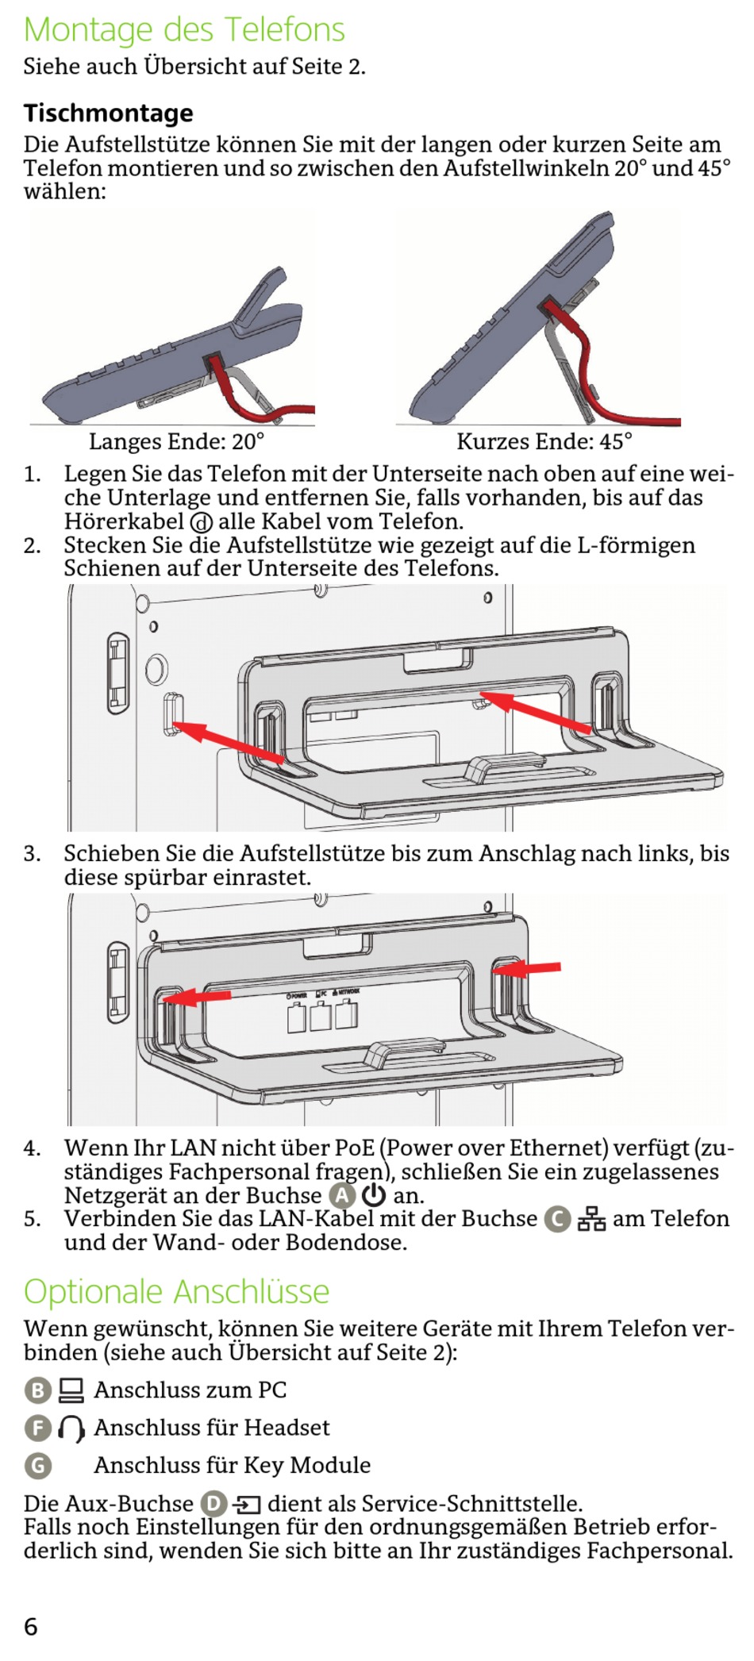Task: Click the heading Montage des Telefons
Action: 184,30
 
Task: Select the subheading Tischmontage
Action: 108,113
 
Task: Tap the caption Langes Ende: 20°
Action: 176,441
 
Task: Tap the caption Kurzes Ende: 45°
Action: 544,441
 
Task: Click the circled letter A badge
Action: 341,1195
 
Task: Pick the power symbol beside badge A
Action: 373,1195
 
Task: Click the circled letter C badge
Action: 557,1219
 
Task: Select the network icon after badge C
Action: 591,1219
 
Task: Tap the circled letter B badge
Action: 37,1390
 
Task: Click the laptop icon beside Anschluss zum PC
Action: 71,1390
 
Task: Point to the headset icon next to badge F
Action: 71,1428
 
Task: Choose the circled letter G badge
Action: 37,1465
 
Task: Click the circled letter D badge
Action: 214,1504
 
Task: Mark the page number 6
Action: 31,1627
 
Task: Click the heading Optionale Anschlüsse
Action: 176,1292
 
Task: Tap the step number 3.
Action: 31,854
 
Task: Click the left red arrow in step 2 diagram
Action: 229,743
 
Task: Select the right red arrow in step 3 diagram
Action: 528,968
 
